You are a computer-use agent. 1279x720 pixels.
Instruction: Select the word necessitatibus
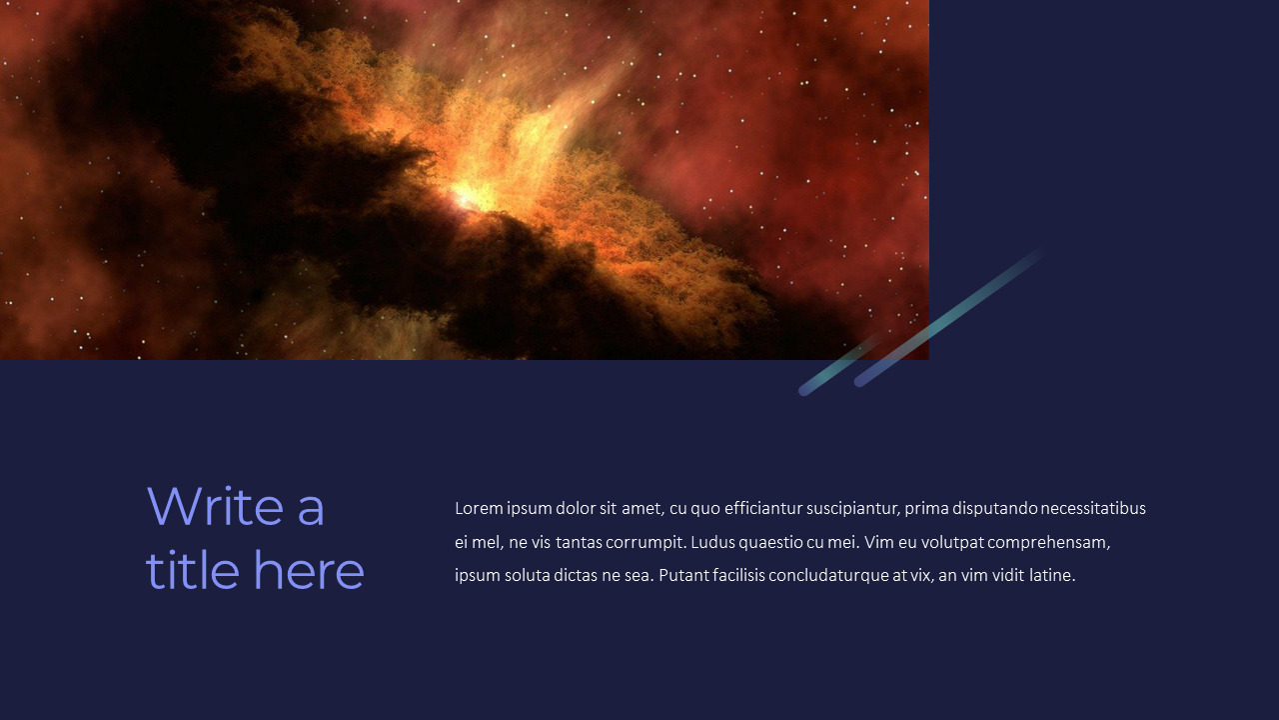pos(1093,508)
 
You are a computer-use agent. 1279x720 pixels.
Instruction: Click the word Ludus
pos(712,542)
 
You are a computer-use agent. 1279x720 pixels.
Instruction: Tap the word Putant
pos(682,575)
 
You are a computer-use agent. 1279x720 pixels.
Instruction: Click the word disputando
pos(994,509)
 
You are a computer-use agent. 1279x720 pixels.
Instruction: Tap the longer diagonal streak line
pos(949,317)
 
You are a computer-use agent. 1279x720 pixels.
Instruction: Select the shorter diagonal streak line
pos(837,366)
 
